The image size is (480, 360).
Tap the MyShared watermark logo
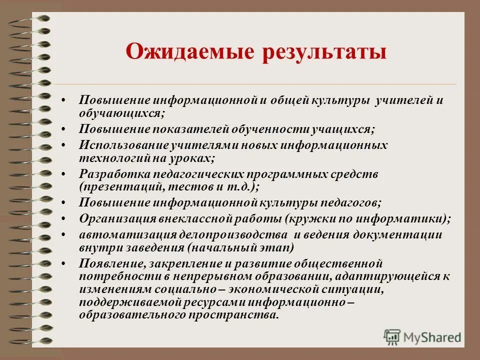pos(422,336)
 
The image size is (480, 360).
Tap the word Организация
pos(117,218)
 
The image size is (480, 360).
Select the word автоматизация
pos(119,235)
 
